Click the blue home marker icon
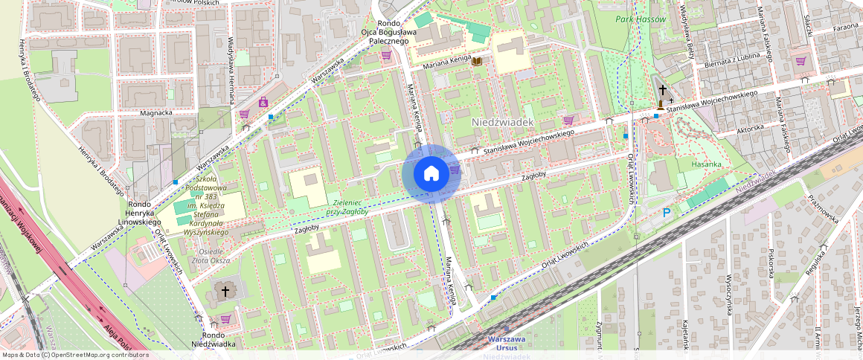(x=431, y=174)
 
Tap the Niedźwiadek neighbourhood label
(x=503, y=120)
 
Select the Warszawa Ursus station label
(x=507, y=343)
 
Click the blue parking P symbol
(x=667, y=213)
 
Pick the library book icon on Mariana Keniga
(x=476, y=61)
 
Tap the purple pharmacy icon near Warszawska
(x=263, y=102)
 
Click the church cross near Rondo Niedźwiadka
(x=225, y=291)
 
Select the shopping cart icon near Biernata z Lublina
(x=800, y=61)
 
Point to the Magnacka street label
(x=155, y=113)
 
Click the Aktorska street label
(x=749, y=128)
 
